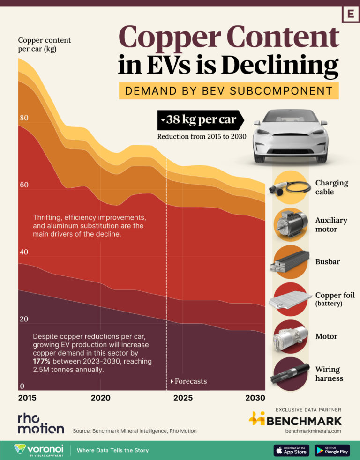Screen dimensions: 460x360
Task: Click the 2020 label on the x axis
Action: coord(100,398)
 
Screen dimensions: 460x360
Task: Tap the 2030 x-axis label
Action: coord(255,398)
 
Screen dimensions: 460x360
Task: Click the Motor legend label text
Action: coord(326,336)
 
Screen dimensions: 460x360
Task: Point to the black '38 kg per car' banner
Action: coord(200,120)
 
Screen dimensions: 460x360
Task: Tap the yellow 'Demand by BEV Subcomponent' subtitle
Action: coord(228,90)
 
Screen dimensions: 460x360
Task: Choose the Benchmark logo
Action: coord(295,420)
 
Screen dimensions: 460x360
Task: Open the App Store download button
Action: coord(292,450)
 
